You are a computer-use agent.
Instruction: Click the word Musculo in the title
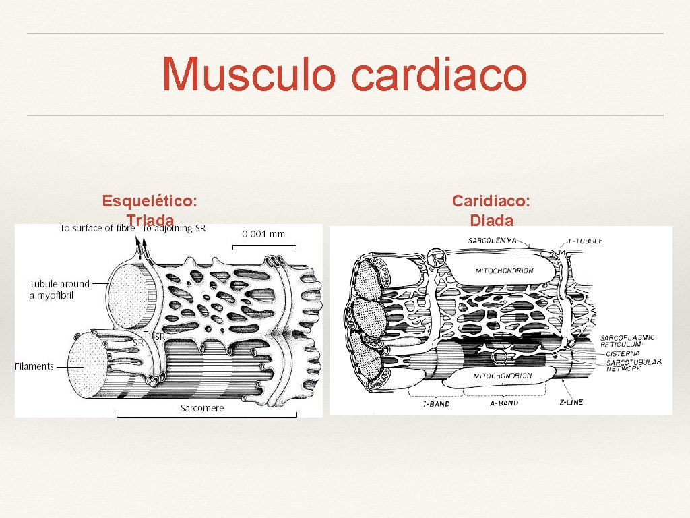tap(248, 75)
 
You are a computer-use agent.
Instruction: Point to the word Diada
tap(491, 220)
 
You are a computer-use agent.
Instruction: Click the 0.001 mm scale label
tap(263, 234)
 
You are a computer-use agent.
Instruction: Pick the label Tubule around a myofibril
tap(59, 289)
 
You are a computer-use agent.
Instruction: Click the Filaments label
tap(34, 366)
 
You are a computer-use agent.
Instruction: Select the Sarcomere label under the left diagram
tap(202, 408)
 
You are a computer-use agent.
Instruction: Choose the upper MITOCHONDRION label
tap(504, 270)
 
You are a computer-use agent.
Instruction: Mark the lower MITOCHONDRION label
tap(503, 376)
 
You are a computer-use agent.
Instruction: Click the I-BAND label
tap(435, 404)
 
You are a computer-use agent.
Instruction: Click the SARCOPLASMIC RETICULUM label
tap(627, 340)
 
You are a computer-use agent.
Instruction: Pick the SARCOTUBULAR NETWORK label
tap(633, 365)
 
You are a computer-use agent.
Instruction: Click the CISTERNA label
tap(623, 352)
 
